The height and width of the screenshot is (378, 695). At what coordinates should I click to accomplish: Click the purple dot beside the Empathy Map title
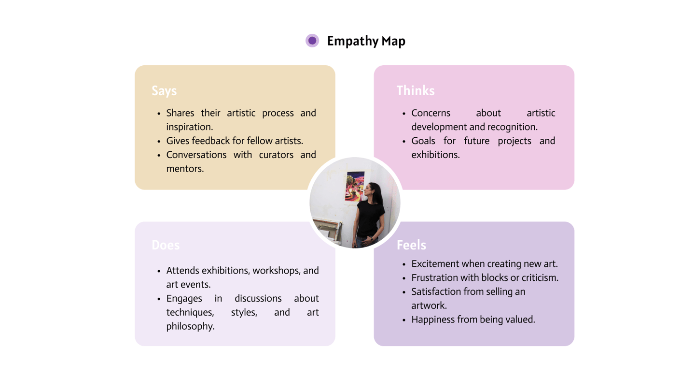pos(312,41)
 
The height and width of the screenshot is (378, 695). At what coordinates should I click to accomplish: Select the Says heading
pos(164,91)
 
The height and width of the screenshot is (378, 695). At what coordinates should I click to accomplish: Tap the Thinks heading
pos(416,91)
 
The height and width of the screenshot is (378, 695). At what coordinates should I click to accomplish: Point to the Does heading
pos(166,245)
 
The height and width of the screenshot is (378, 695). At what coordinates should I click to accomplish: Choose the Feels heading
pos(411,245)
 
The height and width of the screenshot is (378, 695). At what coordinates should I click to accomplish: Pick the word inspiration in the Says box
pos(189,127)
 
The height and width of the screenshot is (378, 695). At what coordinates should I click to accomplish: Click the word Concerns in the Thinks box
pos(431,113)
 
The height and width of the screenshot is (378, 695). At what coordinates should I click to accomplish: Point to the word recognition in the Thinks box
pos(513,127)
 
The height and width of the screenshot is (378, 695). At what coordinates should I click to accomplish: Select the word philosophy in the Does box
pos(190,326)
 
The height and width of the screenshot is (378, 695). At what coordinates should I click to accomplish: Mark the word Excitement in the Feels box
pos(435,264)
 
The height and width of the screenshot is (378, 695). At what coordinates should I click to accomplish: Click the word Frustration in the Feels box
pos(436,278)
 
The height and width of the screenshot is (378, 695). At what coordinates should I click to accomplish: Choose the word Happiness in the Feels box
pos(433,320)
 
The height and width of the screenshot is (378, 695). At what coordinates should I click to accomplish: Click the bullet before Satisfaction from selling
pos(404,292)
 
